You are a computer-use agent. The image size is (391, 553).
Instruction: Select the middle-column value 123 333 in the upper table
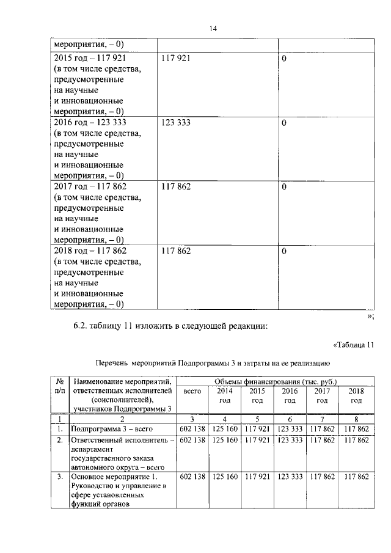click(x=176, y=123)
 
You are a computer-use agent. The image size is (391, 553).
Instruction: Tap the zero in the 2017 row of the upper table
click(x=284, y=187)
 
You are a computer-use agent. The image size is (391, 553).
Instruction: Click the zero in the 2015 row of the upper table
click(x=284, y=59)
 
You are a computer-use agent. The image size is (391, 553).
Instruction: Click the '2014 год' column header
click(x=224, y=395)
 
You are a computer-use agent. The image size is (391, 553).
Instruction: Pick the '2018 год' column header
click(x=355, y=395)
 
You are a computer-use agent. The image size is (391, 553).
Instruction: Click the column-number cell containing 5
click(x=257, y=419)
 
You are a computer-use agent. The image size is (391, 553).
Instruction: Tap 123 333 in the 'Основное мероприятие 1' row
click(x=290, y=476)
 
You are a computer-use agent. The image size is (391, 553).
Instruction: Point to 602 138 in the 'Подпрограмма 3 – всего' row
click(x=192, y=430)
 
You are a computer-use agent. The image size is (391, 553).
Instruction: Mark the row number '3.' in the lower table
click(x=59, y=476)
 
